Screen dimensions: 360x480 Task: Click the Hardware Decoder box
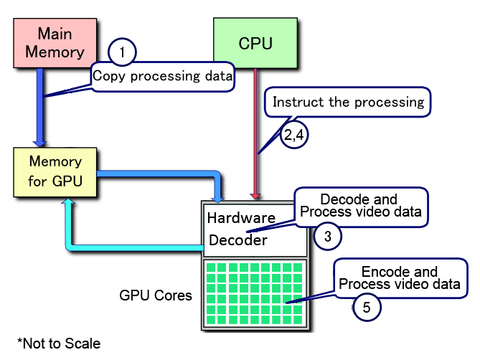240,229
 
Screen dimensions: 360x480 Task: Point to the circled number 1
122,52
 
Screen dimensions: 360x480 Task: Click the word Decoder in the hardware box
239,240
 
